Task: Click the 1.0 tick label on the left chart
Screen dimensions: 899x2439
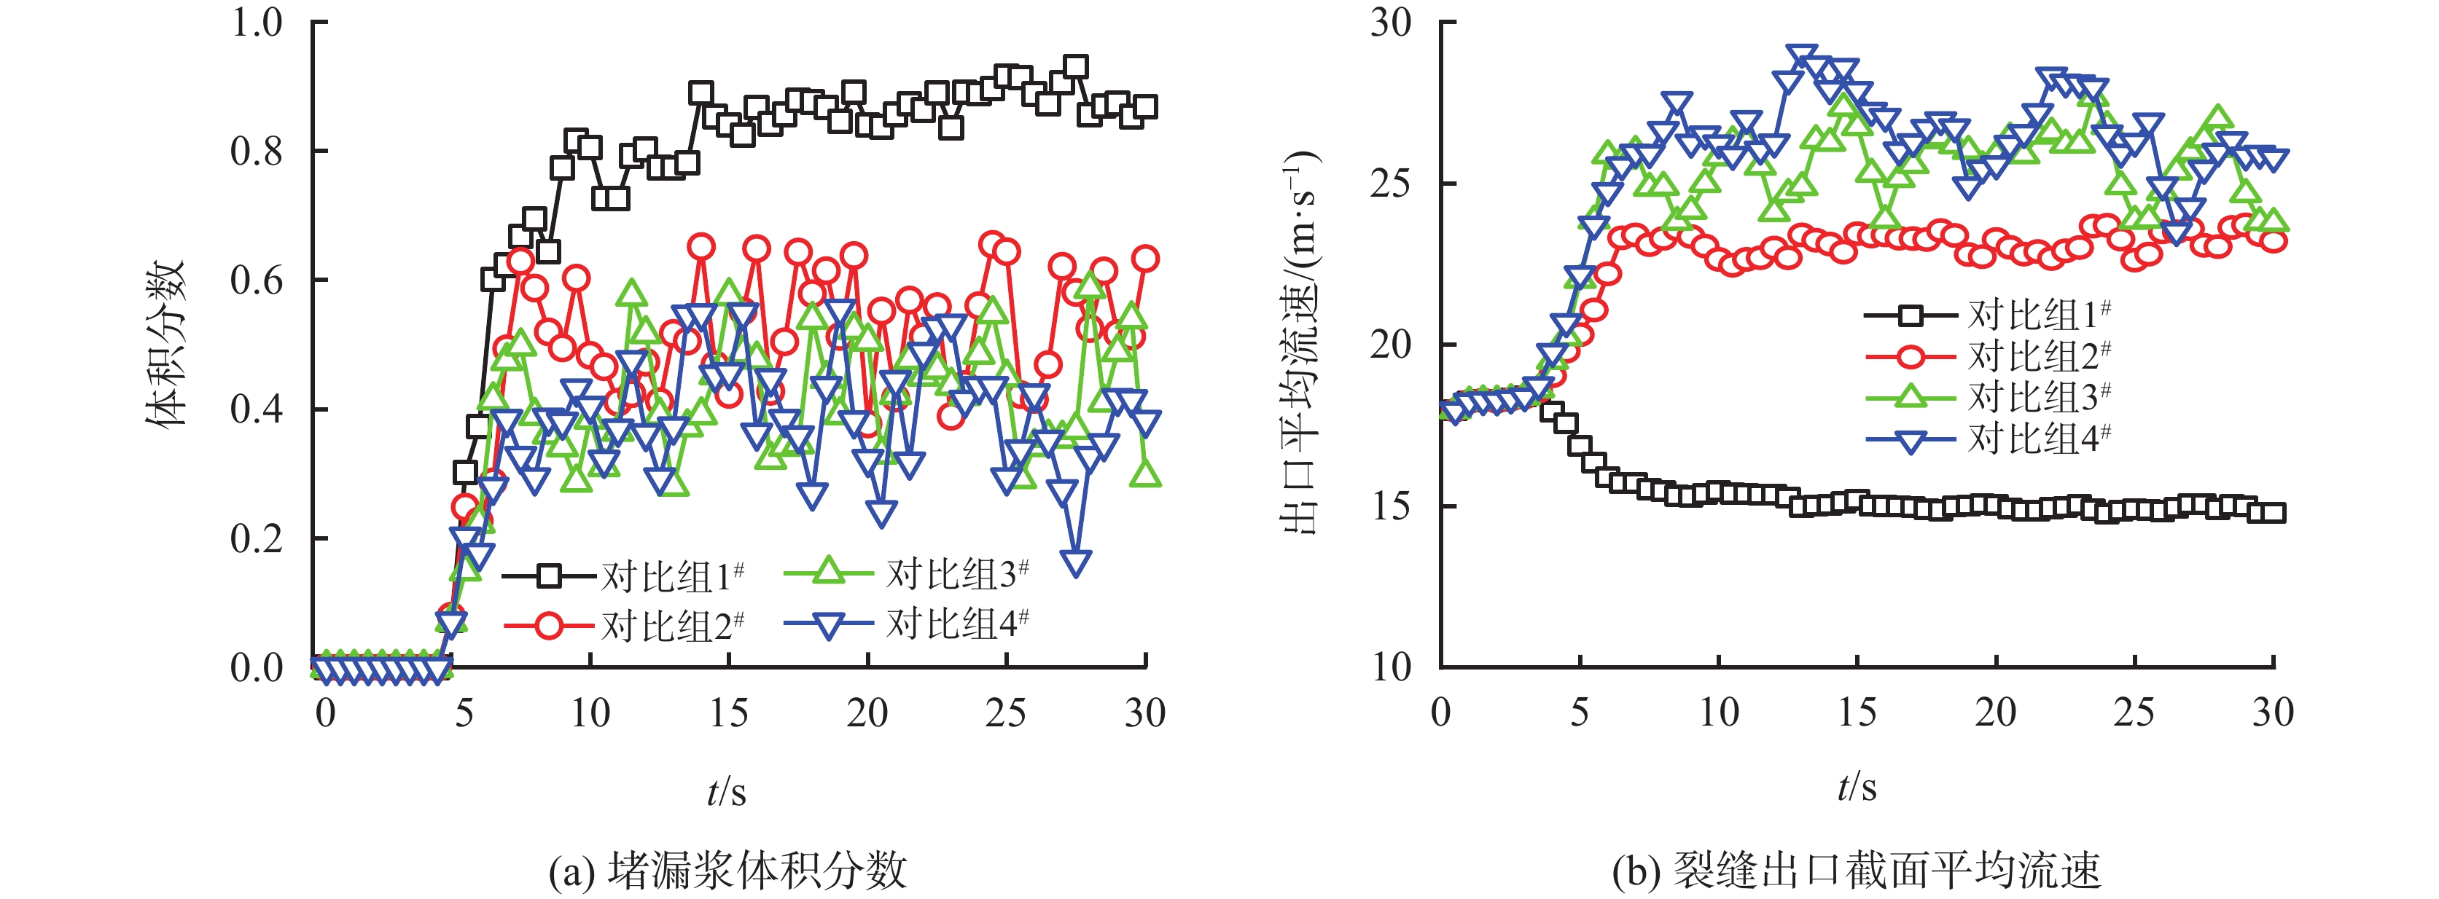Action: [257, 23]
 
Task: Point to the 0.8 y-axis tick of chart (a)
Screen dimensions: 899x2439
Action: [257, 152]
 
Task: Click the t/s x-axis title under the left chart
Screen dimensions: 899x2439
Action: [726, 790]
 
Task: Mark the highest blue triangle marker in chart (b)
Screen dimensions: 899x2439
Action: [1802, 57]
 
